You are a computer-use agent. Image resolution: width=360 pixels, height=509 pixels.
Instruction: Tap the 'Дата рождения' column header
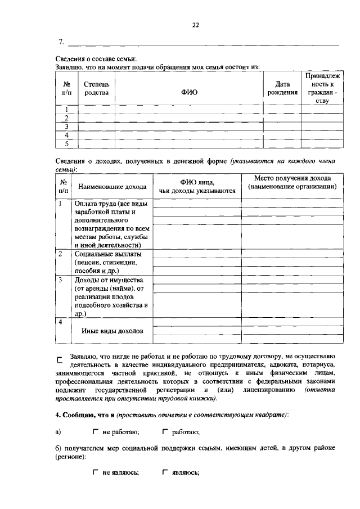282,88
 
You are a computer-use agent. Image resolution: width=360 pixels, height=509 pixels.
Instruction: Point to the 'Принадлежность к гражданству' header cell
318,88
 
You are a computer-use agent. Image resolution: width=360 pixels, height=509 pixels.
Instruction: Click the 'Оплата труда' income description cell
112,224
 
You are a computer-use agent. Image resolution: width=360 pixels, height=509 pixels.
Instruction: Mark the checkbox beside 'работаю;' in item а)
165,432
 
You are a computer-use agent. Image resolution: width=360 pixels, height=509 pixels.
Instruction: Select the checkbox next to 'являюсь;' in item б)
165,472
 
